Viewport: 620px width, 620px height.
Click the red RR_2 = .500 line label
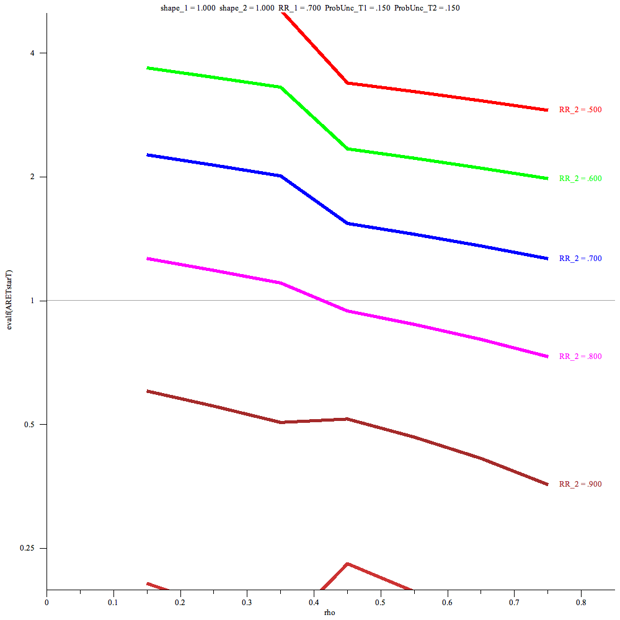pyautogui.click(x=580, y=110)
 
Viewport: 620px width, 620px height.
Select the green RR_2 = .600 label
pyautogui.click(x=580, y=179)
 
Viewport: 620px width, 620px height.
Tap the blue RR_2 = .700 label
pyautogui.click(x=580, y=259)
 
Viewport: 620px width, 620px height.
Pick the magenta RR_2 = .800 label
pyautogui.click(x=580, y=356)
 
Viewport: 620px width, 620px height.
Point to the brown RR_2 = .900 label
pyautogui.click(x=580, y=484)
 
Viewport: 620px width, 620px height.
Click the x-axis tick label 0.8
pyautogui.click(x=581, y=601)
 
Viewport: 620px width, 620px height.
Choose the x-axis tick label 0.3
pyautogui.click(x=247, y=601)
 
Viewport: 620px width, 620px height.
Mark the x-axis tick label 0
pyautogui.click(x=46, y=601)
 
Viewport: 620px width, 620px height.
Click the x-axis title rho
pyautogui.click(x=330, y=613)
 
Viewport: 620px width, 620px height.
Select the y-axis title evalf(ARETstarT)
pyautogui.click(x=9, y=300)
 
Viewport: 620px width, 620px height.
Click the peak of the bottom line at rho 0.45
pyautogui.click(x=347, y=564)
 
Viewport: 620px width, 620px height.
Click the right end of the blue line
pyautogui.click(x=547, y=259)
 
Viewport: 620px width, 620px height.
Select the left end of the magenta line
pyautogui.click(x=147, y=259)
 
